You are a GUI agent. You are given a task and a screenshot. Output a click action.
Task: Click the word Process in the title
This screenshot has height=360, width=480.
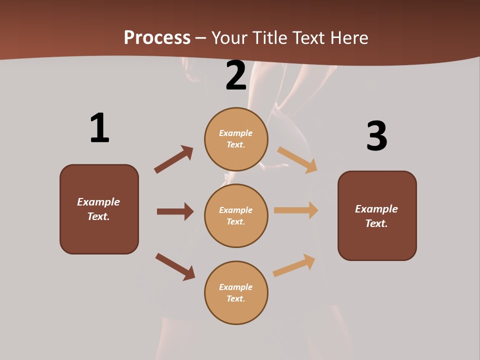157,37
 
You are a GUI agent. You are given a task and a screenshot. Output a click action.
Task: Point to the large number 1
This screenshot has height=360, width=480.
99,128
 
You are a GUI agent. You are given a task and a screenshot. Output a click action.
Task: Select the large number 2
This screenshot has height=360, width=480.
236,75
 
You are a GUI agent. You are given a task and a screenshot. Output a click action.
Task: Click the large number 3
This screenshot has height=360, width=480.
376,136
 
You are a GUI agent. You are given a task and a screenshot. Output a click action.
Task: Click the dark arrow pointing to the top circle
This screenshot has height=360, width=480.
173,159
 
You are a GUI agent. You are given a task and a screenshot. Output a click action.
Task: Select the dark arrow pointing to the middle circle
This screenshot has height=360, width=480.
175,211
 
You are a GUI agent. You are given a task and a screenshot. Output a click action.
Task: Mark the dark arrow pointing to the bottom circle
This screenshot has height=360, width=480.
175,266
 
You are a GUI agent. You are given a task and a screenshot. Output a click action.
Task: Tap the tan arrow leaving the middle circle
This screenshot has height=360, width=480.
296,210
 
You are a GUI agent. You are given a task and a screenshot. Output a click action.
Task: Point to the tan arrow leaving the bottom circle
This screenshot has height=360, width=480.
294,265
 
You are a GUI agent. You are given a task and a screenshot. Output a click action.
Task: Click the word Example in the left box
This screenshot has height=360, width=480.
98,202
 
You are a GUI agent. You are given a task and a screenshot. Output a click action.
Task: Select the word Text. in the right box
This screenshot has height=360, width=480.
376,223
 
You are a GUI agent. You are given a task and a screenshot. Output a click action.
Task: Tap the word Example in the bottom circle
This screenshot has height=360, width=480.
236,287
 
